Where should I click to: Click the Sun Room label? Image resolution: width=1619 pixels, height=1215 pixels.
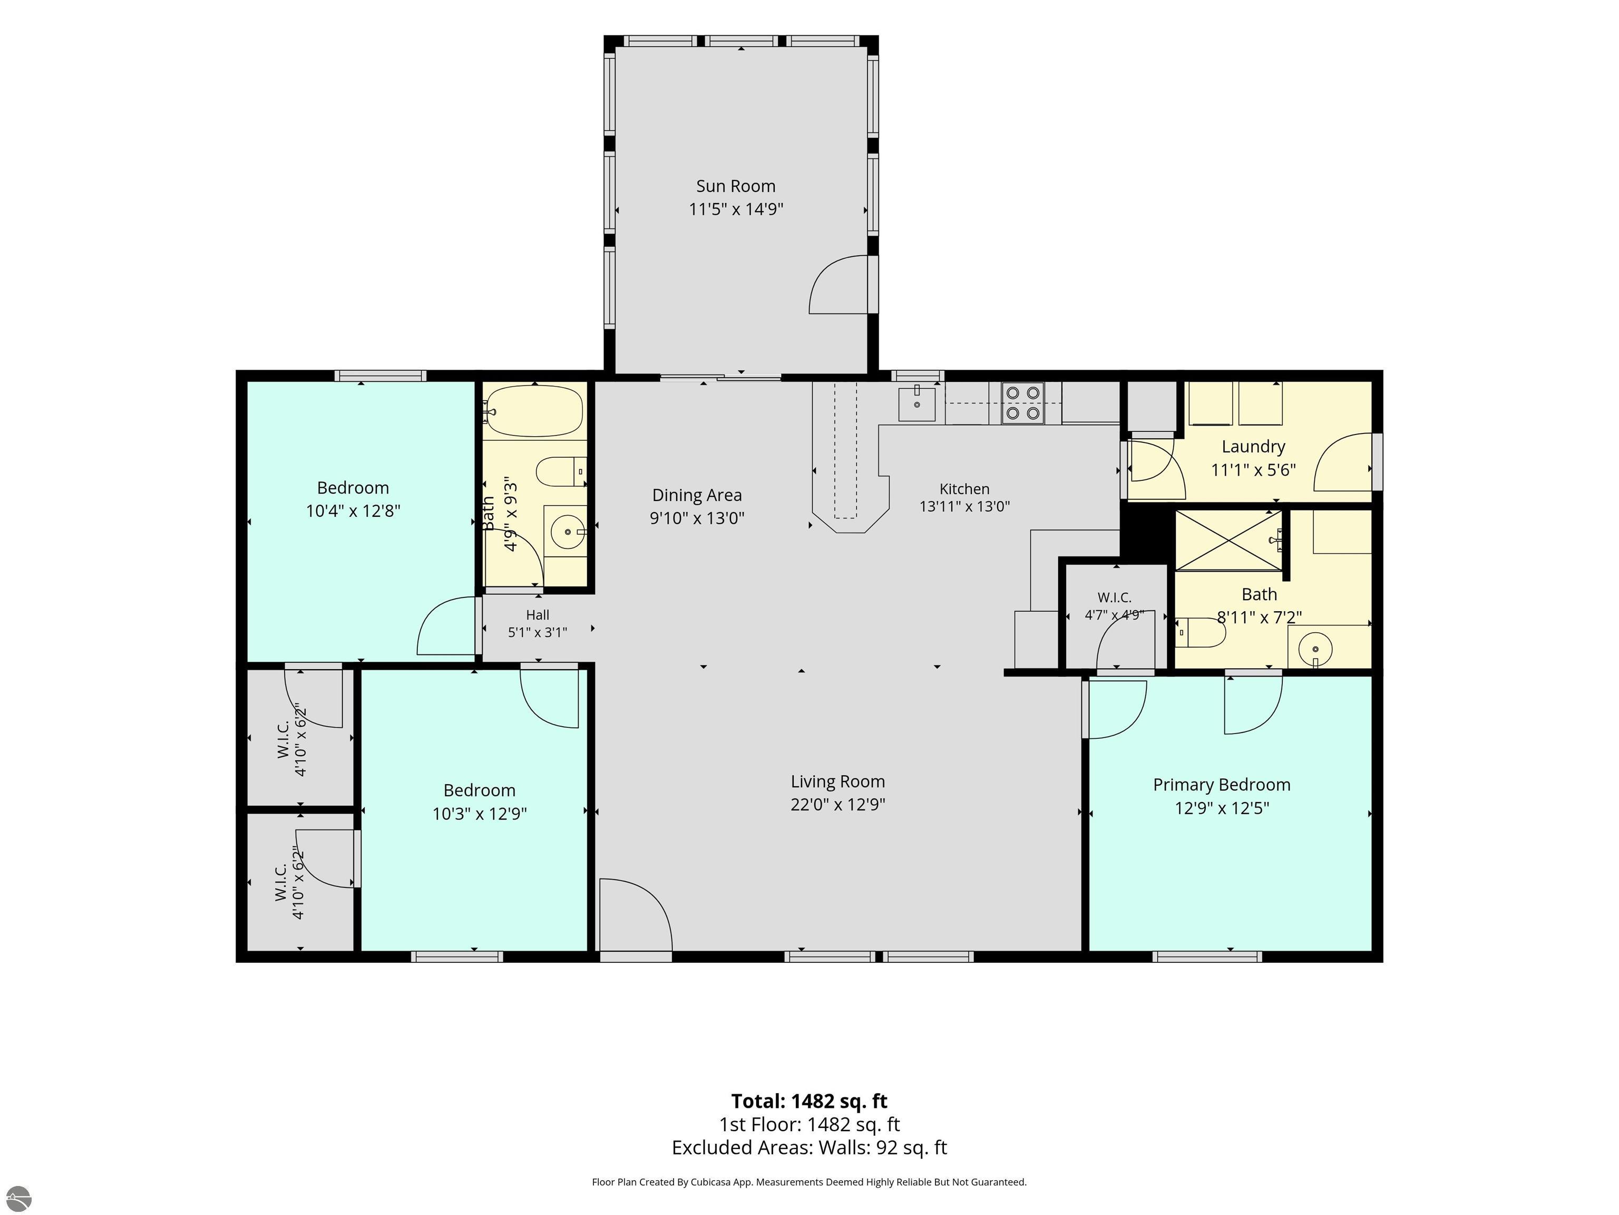[736, 186]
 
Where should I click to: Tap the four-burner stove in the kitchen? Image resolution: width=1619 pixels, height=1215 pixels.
[1022, 403]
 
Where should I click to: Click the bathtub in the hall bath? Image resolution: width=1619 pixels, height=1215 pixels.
[534, 411]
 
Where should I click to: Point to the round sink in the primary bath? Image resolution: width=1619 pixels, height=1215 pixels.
[1315, 648]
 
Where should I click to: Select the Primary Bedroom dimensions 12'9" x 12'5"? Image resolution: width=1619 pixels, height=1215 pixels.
[1222, 808]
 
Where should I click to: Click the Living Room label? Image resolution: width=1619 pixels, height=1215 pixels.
[837, 782]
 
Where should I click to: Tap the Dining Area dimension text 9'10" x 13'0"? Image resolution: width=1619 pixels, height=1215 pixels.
[697, 518]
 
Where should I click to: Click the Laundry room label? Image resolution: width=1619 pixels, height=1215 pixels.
[1253, 447]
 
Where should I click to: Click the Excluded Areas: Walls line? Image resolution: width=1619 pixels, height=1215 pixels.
[809, 1147]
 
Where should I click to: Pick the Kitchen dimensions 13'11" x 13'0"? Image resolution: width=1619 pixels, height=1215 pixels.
[964, 506]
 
